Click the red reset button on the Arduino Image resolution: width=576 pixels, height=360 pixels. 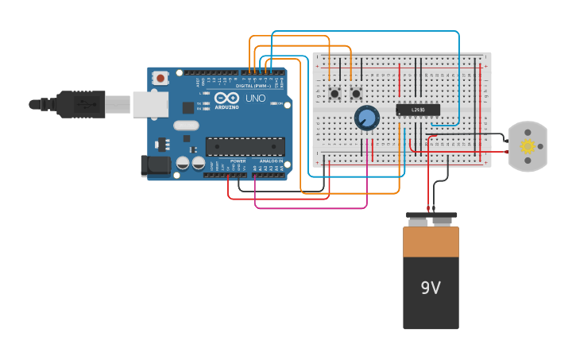tap(160, 78)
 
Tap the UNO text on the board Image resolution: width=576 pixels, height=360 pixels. tap(256, 99)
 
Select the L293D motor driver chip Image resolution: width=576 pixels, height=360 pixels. tap(418, 110)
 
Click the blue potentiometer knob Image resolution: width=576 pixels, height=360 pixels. tap(366, 118)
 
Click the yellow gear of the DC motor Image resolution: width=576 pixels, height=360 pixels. tap(528, 146)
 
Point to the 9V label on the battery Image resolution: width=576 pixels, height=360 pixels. tap(431, 288)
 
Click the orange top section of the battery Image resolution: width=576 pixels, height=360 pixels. tap(431, 242)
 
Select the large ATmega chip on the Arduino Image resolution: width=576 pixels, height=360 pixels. tap(245, 146)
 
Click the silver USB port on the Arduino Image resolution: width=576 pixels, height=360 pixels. tap(150, 104)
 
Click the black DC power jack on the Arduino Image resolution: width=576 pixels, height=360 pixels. tap(155, 165)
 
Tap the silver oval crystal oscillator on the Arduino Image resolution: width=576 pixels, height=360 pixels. tap(186, 125)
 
